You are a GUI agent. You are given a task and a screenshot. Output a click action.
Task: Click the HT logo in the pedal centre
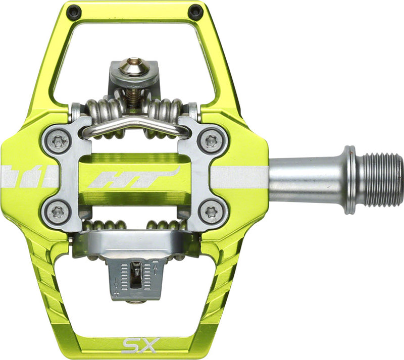[134, 177]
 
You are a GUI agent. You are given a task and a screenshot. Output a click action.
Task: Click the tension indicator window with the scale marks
[135, 275]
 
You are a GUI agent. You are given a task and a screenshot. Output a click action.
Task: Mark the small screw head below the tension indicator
[135, 302]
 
